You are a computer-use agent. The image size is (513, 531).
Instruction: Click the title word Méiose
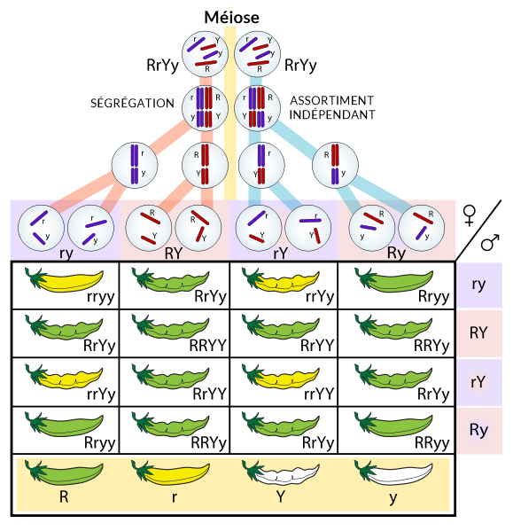tap(232, 18)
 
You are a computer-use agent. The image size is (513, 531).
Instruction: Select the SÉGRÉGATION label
tap(132, 103)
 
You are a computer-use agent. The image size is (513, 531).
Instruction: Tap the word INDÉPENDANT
tap(332, 114)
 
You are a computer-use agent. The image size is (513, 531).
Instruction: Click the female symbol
tap(470, 215)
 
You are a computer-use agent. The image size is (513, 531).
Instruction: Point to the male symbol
tap(490, 242)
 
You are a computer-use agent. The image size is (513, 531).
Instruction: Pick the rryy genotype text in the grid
tap(101, 297)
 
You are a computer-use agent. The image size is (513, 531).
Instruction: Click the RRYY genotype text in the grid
tap(208, 346)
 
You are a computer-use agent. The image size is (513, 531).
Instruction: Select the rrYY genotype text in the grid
tap(319, 394)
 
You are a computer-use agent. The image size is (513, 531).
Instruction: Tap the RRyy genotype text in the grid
tap(432, 443)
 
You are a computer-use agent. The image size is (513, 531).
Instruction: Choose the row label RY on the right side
tap(478, 333)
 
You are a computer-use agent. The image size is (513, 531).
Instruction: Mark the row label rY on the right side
tap(478, 382)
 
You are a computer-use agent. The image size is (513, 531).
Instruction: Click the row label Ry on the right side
tap(478, 431)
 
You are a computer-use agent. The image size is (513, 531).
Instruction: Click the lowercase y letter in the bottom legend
tap(393, 498)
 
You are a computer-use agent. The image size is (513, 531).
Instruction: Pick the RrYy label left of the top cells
tap(162, 66)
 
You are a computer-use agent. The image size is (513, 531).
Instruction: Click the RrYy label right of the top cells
tap(300, 66)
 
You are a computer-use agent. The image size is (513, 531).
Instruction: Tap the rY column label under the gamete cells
tap(281, 253)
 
